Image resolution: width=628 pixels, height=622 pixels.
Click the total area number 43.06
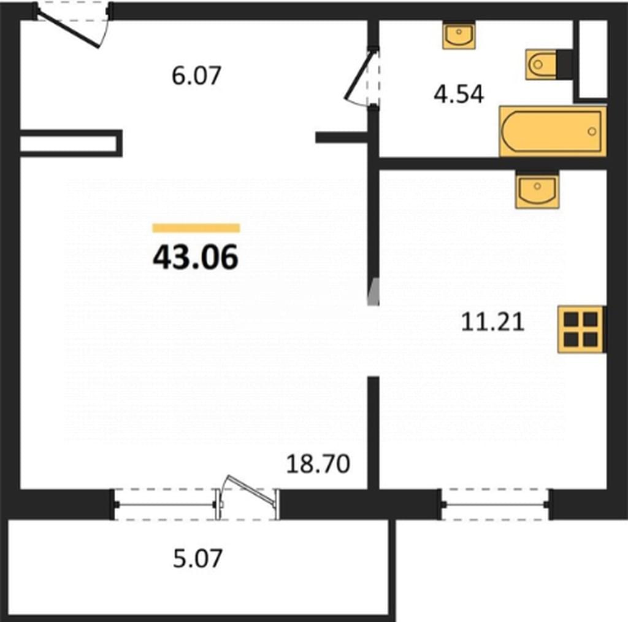(x=196, y=257)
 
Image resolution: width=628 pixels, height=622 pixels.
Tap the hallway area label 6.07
(x=196, y=76)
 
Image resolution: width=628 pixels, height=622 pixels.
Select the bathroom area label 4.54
(x=459, y=95)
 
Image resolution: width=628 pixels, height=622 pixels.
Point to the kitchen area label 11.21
(x=492, y=322)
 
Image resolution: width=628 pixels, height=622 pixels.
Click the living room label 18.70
(x=318, y=464)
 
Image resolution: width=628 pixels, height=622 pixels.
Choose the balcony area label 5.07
(x=197, y=558)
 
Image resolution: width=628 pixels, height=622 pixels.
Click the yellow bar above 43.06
(x=196, y=228)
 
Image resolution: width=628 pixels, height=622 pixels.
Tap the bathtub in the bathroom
(x=553, y=131)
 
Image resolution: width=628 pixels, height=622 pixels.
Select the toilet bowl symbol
(x=541, y=64)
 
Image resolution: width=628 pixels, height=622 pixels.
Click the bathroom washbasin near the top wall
(x=459, y=35)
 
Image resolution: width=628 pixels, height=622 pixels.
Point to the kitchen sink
(x=537, y=190)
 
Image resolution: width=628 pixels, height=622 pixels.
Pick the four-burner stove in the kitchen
(x=580, y=329)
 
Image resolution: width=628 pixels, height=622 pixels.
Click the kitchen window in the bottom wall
(x=496, y=505)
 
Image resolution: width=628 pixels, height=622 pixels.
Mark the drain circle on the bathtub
(x=592, y=131)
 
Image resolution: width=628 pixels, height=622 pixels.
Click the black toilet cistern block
(x=564, y=64)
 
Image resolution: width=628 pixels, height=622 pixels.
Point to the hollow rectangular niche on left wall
(x=71, y=143)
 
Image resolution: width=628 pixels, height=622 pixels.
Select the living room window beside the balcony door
(x=165, y=505)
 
